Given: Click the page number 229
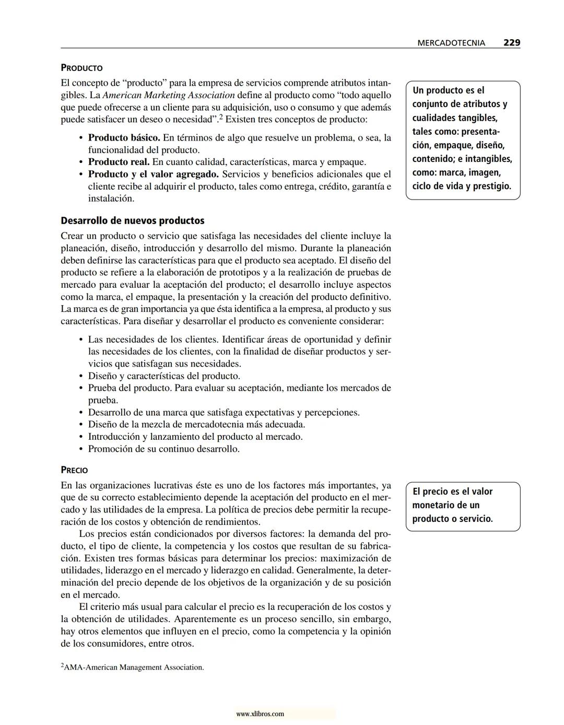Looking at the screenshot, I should pos(511,43).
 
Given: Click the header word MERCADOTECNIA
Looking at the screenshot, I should pos(451,43).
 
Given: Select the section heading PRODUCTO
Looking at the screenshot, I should pos(81,68).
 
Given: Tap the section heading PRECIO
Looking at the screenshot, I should pos(74,470).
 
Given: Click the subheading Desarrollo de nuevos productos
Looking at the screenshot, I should pos(132,220).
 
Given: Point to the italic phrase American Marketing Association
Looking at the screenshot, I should pos(169,95).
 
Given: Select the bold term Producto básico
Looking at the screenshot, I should pos(124,138).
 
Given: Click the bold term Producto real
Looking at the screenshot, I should pos(119,162).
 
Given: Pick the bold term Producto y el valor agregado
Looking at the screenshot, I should pos(153,174).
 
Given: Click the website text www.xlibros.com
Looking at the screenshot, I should pos(260,714).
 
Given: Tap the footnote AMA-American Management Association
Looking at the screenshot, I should pos(133,667).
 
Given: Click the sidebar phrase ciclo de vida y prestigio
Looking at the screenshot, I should pos(461,186).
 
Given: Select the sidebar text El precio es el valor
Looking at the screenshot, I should pos(452,492).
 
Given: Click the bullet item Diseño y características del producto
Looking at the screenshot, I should pos(164,376).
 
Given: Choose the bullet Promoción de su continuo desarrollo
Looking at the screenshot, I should pos(163,449).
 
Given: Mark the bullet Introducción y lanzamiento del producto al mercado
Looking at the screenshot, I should pos(195,437).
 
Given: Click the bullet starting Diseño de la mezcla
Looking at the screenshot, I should pos(196,425).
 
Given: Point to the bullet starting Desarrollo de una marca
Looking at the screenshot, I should pos(224,413).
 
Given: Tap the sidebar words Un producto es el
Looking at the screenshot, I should pos(448,90).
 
